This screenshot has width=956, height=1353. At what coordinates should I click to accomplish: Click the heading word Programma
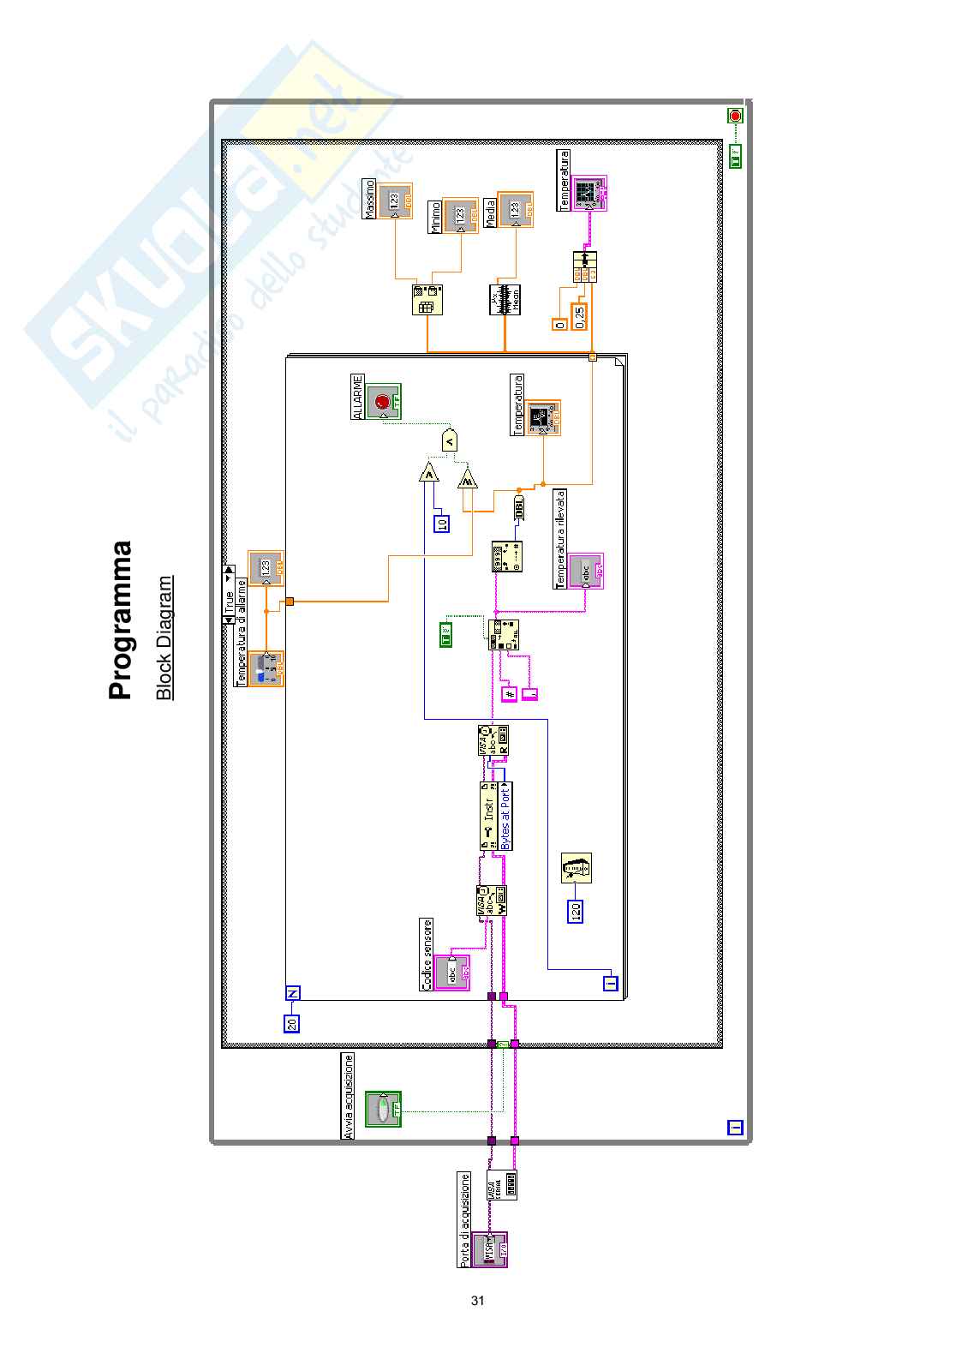pyautogui.click(x=121, y=620)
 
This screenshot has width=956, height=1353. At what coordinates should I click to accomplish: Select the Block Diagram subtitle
pyautogui.click(x=164, y=638)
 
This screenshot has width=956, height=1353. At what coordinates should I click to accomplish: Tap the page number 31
pyautogui.click(x=477, y=1300)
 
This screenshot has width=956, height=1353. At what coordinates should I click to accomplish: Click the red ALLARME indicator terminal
pyautogui.click(x=383, y=401)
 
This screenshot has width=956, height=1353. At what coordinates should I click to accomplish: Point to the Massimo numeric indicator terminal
pyautogui.click(x=395, y=201)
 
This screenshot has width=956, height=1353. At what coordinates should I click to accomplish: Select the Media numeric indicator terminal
pyautogui.click(x=515, y=209)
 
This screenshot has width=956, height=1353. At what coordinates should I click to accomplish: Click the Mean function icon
pyautogui.click(x=505, y=299)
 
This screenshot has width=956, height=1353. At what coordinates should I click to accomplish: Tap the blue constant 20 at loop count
pyautogui.click(x=292, y=1022)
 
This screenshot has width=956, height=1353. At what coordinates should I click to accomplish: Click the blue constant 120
pyautogui.click(x=576, y=911)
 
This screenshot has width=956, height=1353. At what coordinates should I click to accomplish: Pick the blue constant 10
pyautogui.click(x=442, y=523)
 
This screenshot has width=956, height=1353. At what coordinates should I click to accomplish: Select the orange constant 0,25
pyautogui.click(x=580, y=316)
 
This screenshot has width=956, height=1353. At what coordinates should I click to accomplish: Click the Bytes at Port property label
pyautogui.click(x=505, y=817)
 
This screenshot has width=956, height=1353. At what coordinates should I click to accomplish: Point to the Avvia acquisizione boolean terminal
pyautogui.click(x=382, y=1109)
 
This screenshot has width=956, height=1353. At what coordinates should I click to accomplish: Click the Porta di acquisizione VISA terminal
pyautogui.click(x=490, y=1248)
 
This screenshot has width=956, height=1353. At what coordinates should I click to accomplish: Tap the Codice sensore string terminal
pyautogui.click(x=451, y=973)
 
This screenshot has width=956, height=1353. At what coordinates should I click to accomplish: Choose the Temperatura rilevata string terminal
pyautogui.click(x=586, y=571)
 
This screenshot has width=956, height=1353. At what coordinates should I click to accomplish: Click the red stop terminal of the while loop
pyautogui.click(x=735, y=116)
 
